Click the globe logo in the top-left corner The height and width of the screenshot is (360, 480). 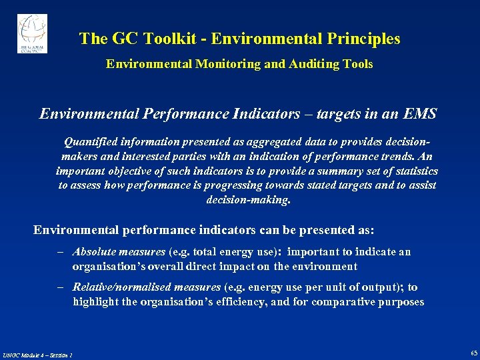click(32, 33)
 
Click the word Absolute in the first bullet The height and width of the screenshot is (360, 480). click(95, 251)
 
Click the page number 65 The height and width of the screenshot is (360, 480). click(473, 353)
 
